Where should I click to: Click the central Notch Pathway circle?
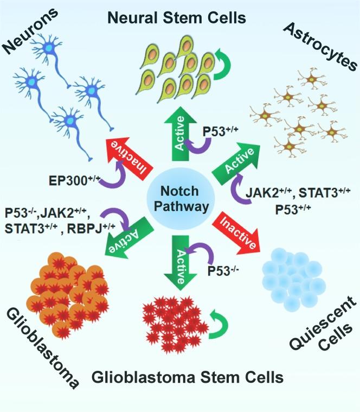tap(179, 200)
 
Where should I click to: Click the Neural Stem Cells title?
tap(177, 17)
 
